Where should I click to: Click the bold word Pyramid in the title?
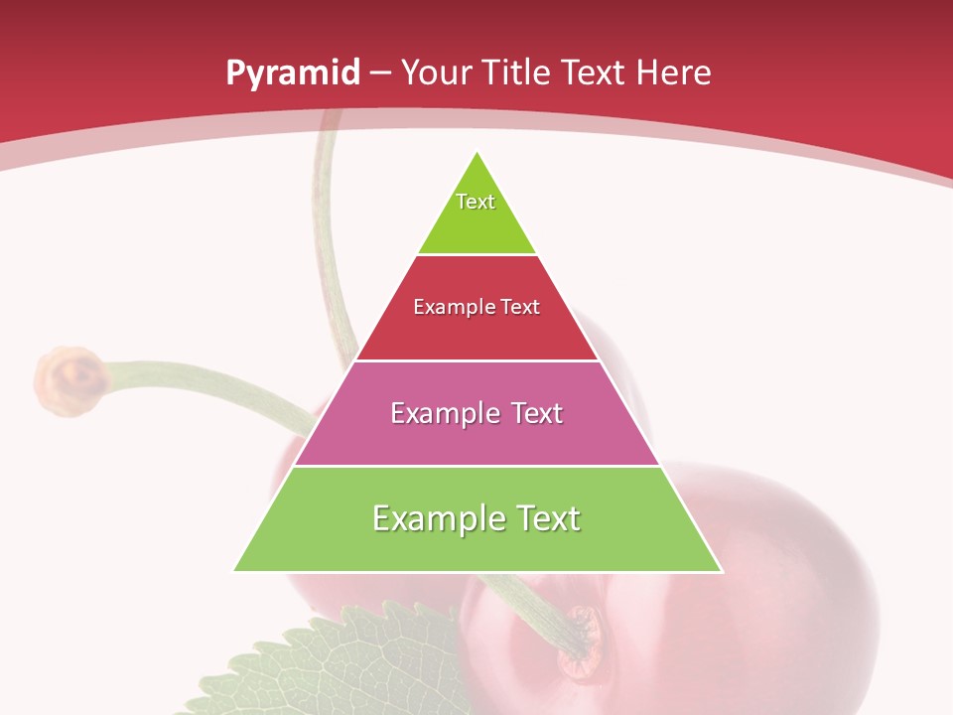(x=292, y=73)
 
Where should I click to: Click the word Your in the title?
(x=436, y=72)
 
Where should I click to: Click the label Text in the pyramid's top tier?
(x=476, y=202)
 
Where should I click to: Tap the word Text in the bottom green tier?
(x=548, y=518)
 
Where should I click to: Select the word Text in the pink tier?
(x=537, y=413)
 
